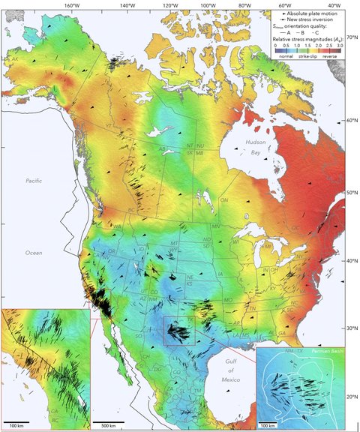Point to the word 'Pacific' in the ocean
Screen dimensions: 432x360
coord(34,181)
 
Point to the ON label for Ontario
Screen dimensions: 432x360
coord(223,201)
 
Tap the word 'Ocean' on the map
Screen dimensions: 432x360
coord(34,253)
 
